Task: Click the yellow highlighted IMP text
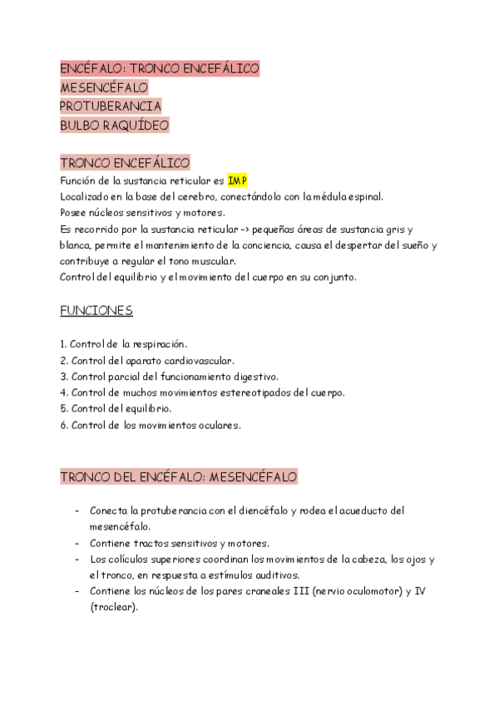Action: click(x=237, y=181)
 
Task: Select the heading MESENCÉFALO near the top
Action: click(x=104, y=87)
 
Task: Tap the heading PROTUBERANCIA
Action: click(x=111, y=106)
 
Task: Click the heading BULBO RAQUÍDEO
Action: click(x=114, y=126)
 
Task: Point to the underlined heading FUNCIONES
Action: click(x=96, y=311)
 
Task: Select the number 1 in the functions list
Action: click(x=63, y=344)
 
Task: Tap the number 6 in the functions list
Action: click(x=63, y=426)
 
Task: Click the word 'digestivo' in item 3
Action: click(x=254, y=377)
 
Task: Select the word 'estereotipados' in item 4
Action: click(x=259, y=393)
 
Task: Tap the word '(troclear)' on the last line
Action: click(x=113, y=607)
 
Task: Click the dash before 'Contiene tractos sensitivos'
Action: click(x=77, y=543)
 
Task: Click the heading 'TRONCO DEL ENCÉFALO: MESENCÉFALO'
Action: click(x=179, y=477)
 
